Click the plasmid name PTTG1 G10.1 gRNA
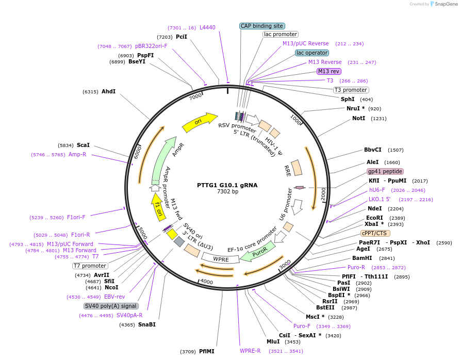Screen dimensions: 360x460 227,185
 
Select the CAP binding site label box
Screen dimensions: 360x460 262,26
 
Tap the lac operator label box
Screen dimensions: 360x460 312,53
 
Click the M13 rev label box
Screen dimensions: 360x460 328,71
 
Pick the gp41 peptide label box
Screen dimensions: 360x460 385,171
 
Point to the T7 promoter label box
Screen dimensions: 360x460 90,266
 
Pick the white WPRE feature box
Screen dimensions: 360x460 221,257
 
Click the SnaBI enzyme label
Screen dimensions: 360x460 146,324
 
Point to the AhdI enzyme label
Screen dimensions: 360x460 108,91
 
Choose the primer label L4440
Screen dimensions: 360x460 207,27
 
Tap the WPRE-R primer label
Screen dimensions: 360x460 250,351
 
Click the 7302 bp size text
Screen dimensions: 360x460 227,192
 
